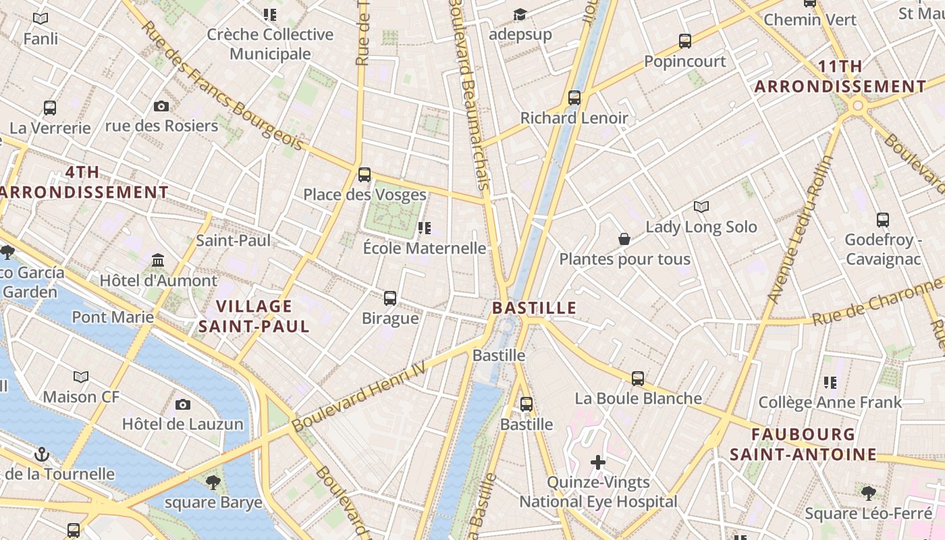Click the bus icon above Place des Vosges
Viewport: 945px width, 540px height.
coord(364,175)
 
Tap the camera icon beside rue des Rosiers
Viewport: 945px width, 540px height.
coord(161,106)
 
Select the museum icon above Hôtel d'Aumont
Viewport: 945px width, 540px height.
coord(158,260)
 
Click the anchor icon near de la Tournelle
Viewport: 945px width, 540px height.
coord(43,454)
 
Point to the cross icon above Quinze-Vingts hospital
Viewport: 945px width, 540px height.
coord(598,462)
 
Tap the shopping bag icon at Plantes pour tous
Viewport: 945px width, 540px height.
coord(624,239)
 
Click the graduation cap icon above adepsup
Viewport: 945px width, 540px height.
coord(519,14)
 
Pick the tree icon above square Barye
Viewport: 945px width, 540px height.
coord(213,482)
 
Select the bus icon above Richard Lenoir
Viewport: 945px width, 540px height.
coord(574,98)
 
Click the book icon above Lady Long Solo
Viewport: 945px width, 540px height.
coord(701,207)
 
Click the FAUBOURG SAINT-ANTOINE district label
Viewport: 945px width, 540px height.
coord(803,444)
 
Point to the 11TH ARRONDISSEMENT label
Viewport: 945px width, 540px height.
coord(840,76)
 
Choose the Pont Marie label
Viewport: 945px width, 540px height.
coord(113,317)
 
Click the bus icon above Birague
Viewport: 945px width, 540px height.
coord(390,298)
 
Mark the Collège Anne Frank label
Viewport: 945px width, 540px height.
coord(830,403)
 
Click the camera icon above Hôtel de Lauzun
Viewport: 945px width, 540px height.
coord(182,405)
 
